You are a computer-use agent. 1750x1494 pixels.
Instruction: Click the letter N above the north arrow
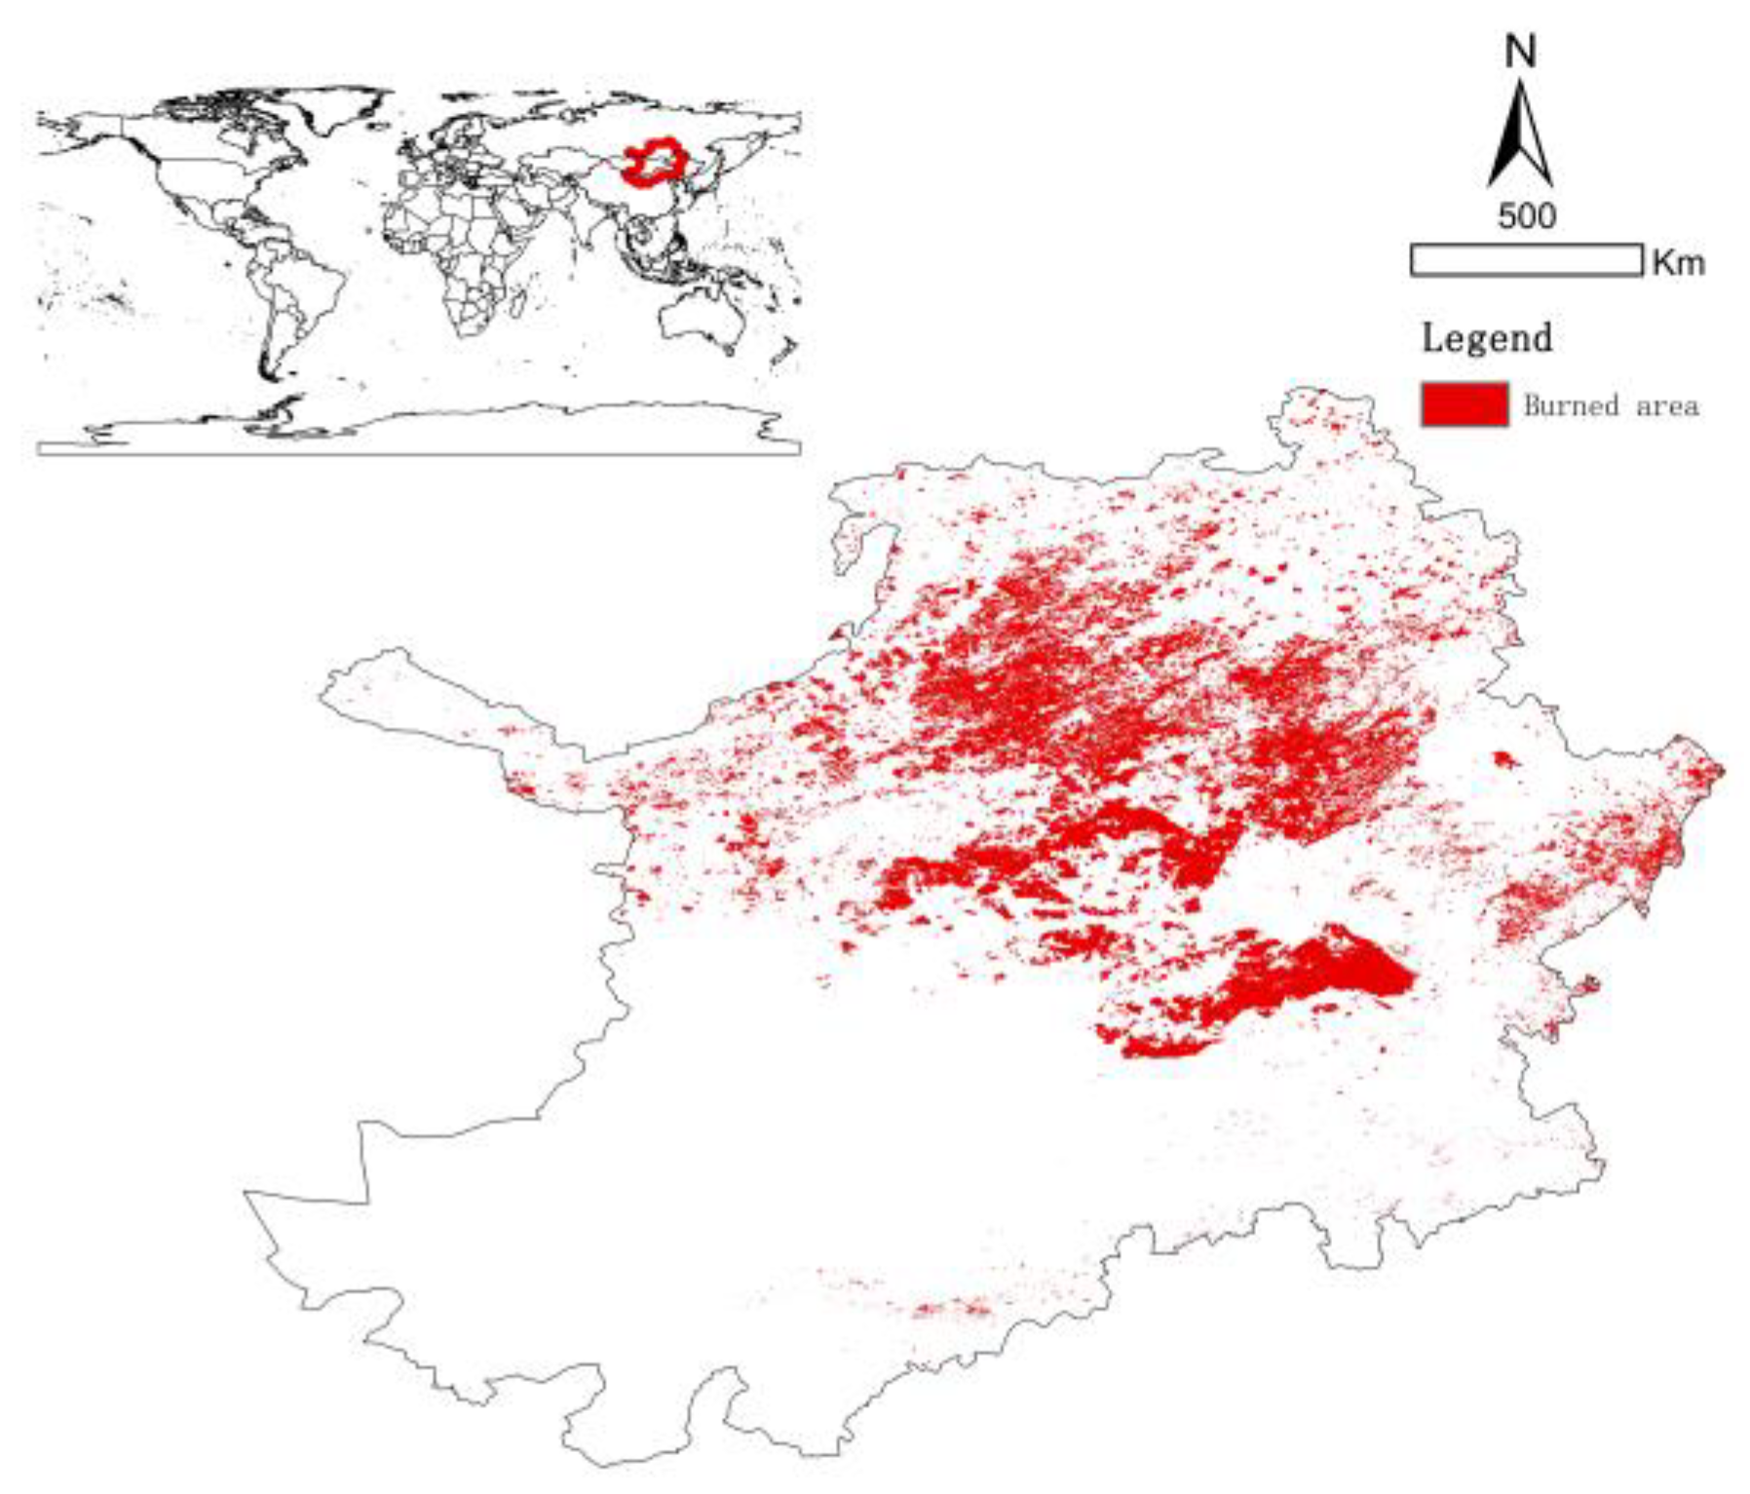[x=1520, y=51]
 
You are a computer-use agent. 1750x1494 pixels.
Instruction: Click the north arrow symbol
[x=1520, y=136]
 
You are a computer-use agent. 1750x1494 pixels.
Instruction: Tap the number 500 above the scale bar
[x=1526, y=215]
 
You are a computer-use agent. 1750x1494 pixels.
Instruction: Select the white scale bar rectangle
[x=1526, y=260]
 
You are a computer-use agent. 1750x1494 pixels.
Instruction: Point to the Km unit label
[x=1678, y=262]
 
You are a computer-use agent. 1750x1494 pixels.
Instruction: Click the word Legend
[x=1487, y=338]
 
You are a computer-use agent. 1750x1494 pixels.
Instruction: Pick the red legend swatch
[x=1465, y=404]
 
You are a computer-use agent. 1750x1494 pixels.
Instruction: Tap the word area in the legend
[x=1666, y=406]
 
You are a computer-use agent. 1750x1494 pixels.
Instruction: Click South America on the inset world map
[x=292, y=292]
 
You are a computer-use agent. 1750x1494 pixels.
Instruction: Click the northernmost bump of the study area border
[x=1325, y=395]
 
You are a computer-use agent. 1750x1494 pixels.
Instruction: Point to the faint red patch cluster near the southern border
[x=950, y=1307]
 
